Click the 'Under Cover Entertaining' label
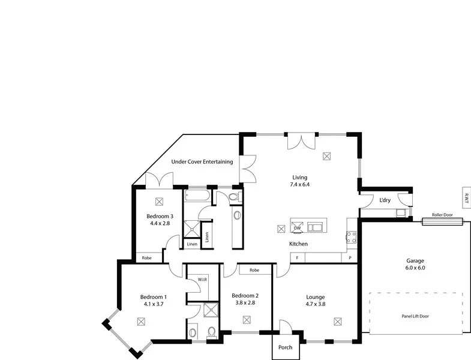(202, 161)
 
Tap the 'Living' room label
(299, 178)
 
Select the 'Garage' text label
(415, 261)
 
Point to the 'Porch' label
(286, 347)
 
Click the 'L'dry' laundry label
(385, 200)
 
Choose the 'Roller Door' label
(442, 214)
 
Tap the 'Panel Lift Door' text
(415, 316)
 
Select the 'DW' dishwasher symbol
(297, 228)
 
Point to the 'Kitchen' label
(299, 244)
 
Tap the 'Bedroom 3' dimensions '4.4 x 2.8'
(160, 223)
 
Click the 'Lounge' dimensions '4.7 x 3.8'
(316, 304)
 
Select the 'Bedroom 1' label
(154, 297)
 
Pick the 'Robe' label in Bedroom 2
(254, 270)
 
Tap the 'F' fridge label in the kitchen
(296, 257)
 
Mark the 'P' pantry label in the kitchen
(350, 257)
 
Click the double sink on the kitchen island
(314, 227)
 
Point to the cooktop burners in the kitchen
(352, 238)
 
